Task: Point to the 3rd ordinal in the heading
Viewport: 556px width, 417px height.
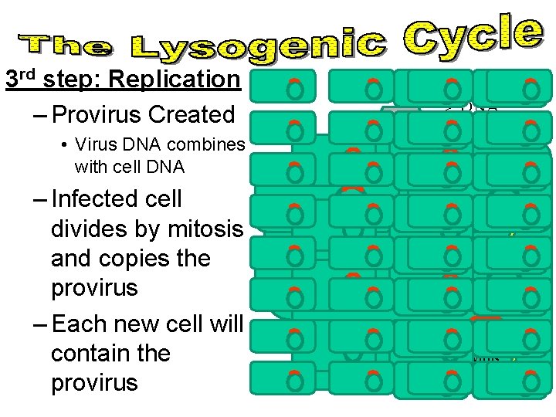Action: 23,79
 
